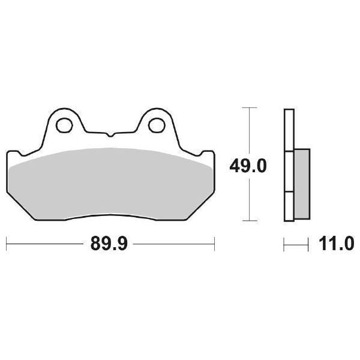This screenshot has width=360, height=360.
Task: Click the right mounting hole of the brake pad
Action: (x=156, y=125)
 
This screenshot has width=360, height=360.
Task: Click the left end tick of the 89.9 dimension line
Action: (x=6, y=245)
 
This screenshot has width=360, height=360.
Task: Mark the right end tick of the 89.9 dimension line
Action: (x=214, y=245)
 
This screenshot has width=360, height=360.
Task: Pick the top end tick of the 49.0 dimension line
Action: (x=249, y=108)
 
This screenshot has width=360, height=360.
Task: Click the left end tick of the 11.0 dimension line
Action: (x=284, y=245)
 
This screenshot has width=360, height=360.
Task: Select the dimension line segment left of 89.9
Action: (x=45, y=245)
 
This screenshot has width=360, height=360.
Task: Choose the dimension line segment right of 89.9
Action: (x=174, y=245)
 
